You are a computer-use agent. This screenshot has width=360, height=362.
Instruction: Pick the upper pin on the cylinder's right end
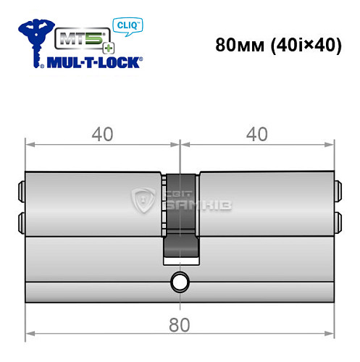338,193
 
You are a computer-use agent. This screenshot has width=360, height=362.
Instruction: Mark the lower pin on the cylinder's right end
338,219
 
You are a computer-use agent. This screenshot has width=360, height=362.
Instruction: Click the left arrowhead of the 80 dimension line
29,335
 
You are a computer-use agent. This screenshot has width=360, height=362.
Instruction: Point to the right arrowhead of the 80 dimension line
332,335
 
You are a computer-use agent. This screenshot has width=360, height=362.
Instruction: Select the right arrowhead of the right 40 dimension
332,145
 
